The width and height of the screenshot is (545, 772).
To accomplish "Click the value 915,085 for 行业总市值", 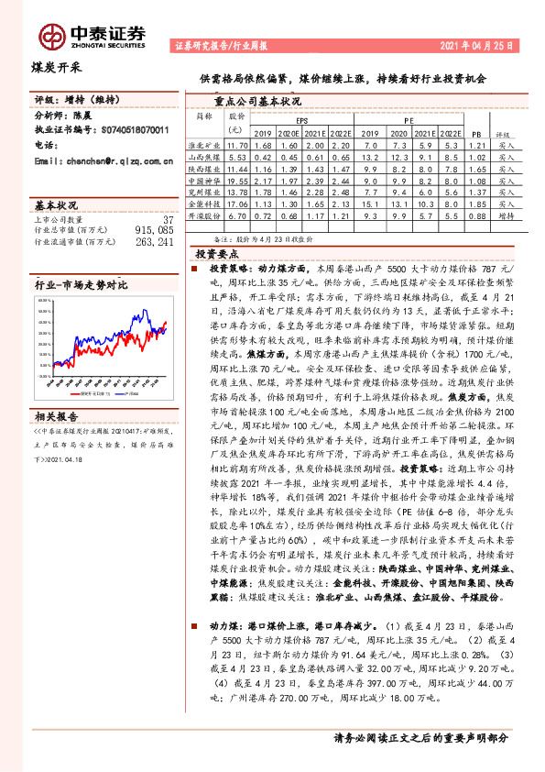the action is tap(153, 231).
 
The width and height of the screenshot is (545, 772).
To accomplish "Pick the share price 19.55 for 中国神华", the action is tap(237, 182).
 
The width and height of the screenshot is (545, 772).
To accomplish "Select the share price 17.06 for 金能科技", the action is tap(237, 205).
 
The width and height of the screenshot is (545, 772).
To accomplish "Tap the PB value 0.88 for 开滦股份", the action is tap(474, 217).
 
